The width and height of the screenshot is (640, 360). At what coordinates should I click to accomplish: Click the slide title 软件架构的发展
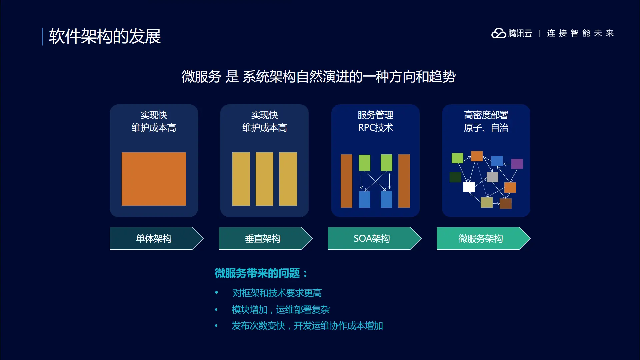pyautogui.click(x=105, y=36)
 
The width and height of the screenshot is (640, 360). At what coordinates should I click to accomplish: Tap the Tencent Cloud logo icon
pyautogui.click(x=499, y=33)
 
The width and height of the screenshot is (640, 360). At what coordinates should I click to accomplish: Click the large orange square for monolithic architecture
pyautogui.click(x=154, y=179)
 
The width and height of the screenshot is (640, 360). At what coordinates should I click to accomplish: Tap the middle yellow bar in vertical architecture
pyautogui.click(x=264, y=179)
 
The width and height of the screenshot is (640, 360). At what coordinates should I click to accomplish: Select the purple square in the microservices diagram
pyautogui.click(x=517, y=164)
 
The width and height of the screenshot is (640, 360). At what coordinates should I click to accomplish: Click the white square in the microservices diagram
pyautogui.click(x=469, y=187)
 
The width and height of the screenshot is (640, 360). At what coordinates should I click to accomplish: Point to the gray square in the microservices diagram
pyautogui.click(x=492, y=177)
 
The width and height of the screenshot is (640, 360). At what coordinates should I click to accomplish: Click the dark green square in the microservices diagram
pyautogui.click(x=455, y=177)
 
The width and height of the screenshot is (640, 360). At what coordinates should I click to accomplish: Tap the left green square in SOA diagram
pyautogui.click(x=364, y=163)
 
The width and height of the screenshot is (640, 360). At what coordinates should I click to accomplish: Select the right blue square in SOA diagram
pyautogui.click(x=386, y=199)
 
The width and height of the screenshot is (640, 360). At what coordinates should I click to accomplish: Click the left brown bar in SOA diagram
pyautogui.click(x=346, y=181)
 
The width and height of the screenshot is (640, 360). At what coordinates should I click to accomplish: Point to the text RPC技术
pyautogui.click(x=375, y=128)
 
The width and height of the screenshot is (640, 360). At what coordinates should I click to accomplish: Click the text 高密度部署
pyautogui.click(x=486, y=115)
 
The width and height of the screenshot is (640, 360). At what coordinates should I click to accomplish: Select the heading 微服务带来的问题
pyautogui.click(x=257, y=273)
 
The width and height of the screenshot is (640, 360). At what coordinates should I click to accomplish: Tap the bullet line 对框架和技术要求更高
pyautogui.click(x=277, y=293)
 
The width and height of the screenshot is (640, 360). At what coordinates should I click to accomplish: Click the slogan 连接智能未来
pyautogui.click(x=580, y=33)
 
